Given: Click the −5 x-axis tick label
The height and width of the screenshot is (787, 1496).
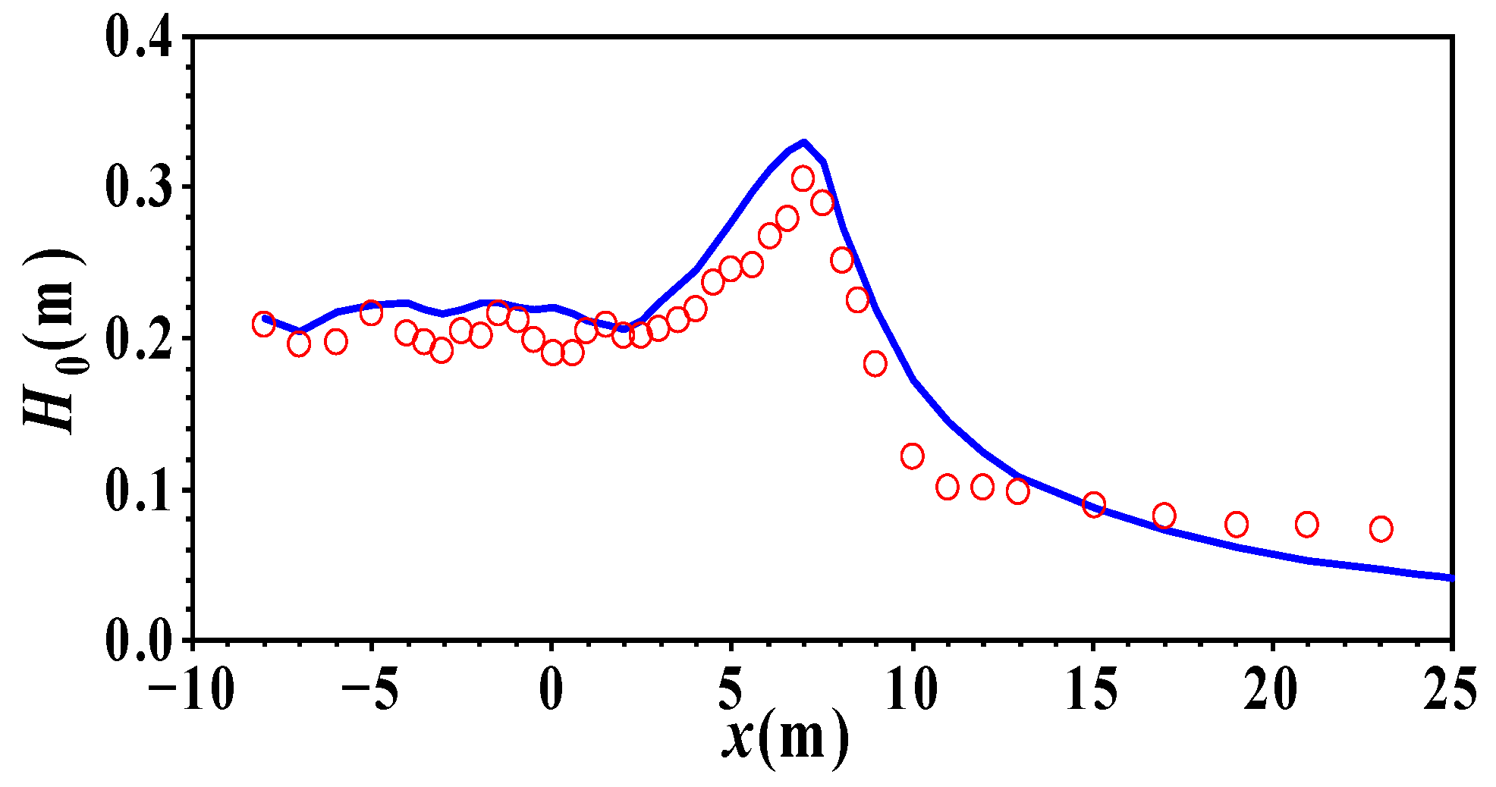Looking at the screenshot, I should click(x=369, y=691).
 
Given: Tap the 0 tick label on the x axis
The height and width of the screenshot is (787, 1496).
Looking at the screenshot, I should click(x=551, y=691).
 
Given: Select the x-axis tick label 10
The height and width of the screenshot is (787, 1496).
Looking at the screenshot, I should click(x=912, y=691).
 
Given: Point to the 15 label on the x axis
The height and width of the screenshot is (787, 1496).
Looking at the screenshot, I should click(x=1092, y=691).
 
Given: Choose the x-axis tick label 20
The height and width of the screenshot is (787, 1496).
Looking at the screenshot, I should click(x=1272, y=691).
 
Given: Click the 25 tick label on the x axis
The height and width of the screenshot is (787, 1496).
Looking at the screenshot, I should click(x=1450, y=691).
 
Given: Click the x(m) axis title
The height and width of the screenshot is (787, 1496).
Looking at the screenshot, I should click(x=784, y=738).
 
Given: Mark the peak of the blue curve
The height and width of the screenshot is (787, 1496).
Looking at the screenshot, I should click(x=803, y=142).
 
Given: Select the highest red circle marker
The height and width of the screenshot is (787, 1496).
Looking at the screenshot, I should click(x=803, y=179).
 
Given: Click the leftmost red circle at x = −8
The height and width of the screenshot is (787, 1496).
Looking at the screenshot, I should click(x=263, y=325).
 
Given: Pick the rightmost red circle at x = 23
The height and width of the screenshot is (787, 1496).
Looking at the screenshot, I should click(x=1381, y=528).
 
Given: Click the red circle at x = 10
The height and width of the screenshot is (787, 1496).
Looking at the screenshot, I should click(x=912, y=456).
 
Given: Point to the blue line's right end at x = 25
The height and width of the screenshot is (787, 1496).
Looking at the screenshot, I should click(x=1450, y=578).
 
